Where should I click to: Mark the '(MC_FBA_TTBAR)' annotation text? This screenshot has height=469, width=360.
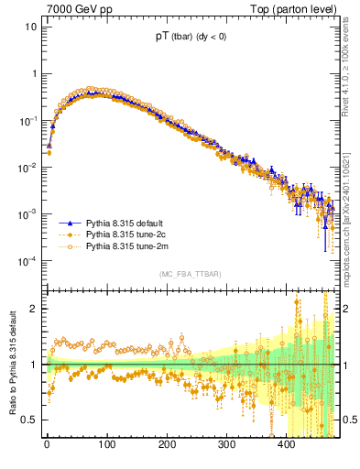(190, 274)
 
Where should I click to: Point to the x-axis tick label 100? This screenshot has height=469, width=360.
(106, 446)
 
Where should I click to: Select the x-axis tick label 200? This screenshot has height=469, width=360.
(167, 446)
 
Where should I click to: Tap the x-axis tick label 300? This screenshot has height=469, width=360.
(226, 446)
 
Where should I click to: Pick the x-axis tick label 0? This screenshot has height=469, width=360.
(47, 446)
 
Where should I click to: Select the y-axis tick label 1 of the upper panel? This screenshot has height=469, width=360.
(35, 73)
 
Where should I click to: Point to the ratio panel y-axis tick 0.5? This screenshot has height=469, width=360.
(30, 420)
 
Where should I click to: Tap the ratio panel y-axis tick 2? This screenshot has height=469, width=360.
(35, 309)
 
